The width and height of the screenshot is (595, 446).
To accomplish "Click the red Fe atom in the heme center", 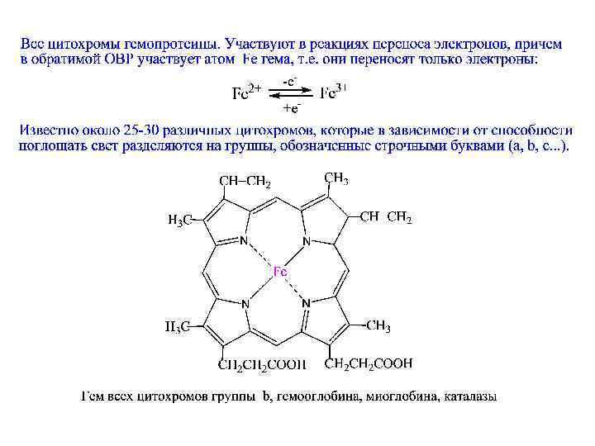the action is coord(280,270).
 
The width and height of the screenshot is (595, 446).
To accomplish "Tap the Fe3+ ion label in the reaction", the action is coord(333,93).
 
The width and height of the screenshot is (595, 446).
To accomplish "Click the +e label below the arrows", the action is coord(291,108).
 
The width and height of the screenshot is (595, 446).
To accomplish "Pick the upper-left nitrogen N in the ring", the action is coord(244,241).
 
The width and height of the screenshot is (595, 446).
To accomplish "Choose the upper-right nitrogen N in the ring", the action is coord(307,241).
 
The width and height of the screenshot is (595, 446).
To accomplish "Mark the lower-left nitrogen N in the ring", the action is coord(245,303).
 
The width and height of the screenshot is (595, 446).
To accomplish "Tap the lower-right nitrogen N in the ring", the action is coord(307,303).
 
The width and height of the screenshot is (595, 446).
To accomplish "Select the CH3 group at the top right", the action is coord(336,178).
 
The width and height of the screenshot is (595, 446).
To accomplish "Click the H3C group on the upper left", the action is coord(180,220).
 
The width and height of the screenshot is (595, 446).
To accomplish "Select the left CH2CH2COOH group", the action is coord(261,363).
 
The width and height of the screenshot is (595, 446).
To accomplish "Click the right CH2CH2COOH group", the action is coord(369,363).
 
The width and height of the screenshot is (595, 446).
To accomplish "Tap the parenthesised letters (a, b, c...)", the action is coord(535,146).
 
